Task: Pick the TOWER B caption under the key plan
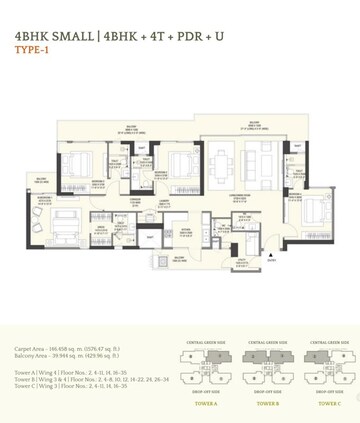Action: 267,404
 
